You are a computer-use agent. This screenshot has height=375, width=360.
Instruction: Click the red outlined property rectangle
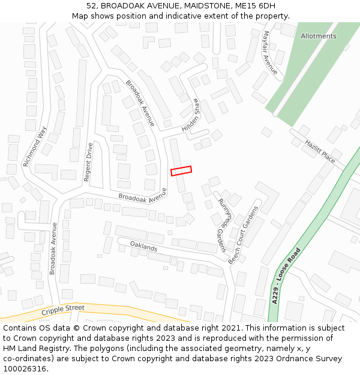pyautogui.click(x=181, y=171)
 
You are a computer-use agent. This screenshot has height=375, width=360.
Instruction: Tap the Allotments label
pyautogui.click(x=319, y=36)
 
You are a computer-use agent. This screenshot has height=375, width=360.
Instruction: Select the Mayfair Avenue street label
pyautogui.click(x=270, y=53)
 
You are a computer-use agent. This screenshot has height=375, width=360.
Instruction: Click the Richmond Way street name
pyautogui.click(x=34, y=146)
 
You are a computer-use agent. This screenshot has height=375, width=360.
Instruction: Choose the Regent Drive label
pyautogui.click(x=88, y=162)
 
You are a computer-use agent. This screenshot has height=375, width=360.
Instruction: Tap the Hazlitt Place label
pyautogui.click(x=320, y=152)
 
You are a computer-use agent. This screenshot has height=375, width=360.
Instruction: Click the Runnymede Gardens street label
pyautogui.click(x=223, y=224)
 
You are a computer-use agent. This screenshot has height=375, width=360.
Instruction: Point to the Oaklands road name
pyautogui.click(x=143, y=247)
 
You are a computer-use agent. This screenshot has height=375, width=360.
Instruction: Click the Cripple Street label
pyautogui.click(x=63, y=310)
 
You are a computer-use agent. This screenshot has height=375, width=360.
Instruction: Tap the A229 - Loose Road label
pyautogui.click(x=285, y=276)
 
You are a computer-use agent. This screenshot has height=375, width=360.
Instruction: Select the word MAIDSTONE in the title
pyautogui.click(x=182, y=6)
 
